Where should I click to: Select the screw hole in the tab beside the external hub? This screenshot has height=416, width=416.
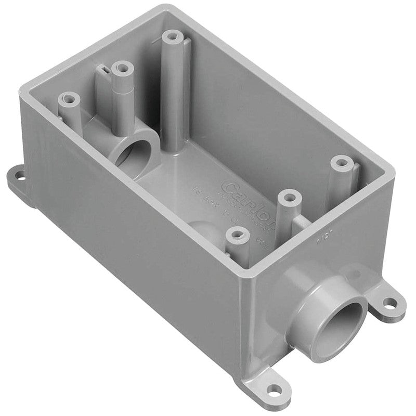pos(388,301)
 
